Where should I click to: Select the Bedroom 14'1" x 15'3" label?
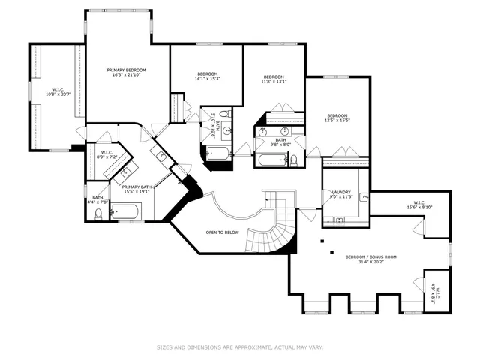207,76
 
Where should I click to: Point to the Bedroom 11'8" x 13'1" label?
274,79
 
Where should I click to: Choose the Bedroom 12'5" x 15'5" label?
337,118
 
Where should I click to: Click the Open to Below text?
223,232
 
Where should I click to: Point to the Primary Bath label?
136,189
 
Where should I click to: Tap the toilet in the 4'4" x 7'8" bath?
99,214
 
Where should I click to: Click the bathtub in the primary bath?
126,214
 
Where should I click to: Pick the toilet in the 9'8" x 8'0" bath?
294,159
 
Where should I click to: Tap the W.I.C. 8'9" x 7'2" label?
106,155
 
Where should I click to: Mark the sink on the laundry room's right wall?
364,197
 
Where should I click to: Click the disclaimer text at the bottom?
239,347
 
